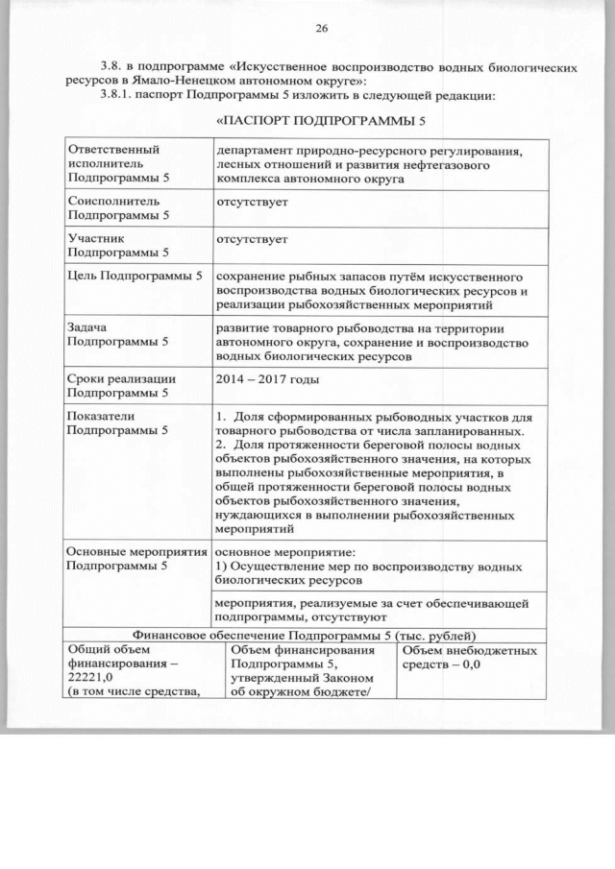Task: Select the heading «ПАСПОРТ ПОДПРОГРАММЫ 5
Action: click(321, 123)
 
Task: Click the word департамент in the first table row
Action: click(259, 151)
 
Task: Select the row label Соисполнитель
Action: click(109, 202)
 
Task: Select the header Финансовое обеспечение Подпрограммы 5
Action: click(307, 634)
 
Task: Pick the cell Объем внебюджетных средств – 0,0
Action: click(468, 658)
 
